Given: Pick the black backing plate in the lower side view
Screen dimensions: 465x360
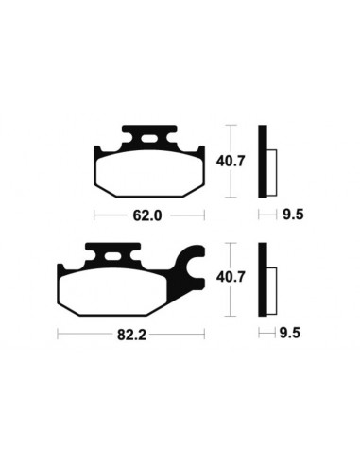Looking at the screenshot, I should click(264, 281).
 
